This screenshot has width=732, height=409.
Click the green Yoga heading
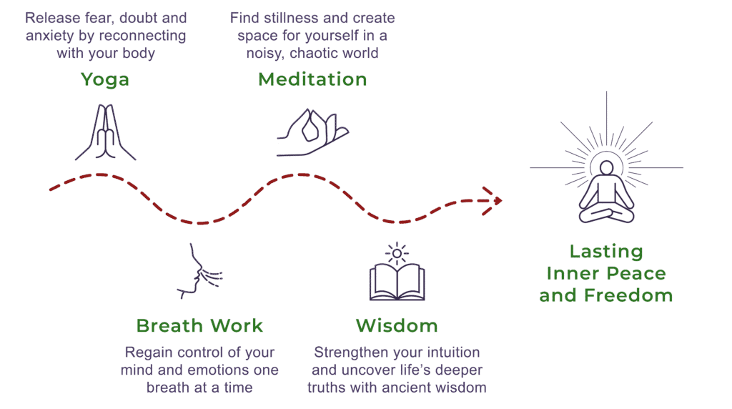tap(104, 79)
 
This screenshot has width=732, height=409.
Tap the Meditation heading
tap(312, 79)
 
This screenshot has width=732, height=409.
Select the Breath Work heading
tap(199, 326)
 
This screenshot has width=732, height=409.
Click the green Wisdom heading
tap(396, 326)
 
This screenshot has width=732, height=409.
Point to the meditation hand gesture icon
tap(312, 132)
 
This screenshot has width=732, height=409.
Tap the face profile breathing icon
tap(199, 272)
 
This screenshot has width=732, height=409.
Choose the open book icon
tap(396, 282)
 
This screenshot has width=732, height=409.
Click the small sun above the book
tap(396, 252)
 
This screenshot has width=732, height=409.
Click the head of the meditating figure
tap(606, 168)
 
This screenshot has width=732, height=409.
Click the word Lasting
tap(606, 252)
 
